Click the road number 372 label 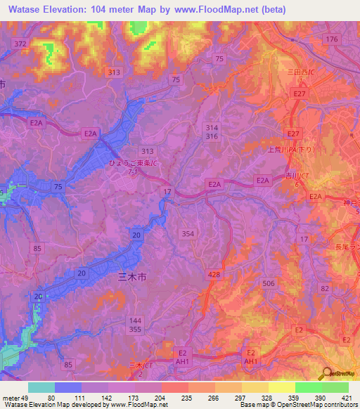20,44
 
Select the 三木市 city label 131,278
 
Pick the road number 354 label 188,233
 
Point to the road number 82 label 324,289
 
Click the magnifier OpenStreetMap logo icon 326,374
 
